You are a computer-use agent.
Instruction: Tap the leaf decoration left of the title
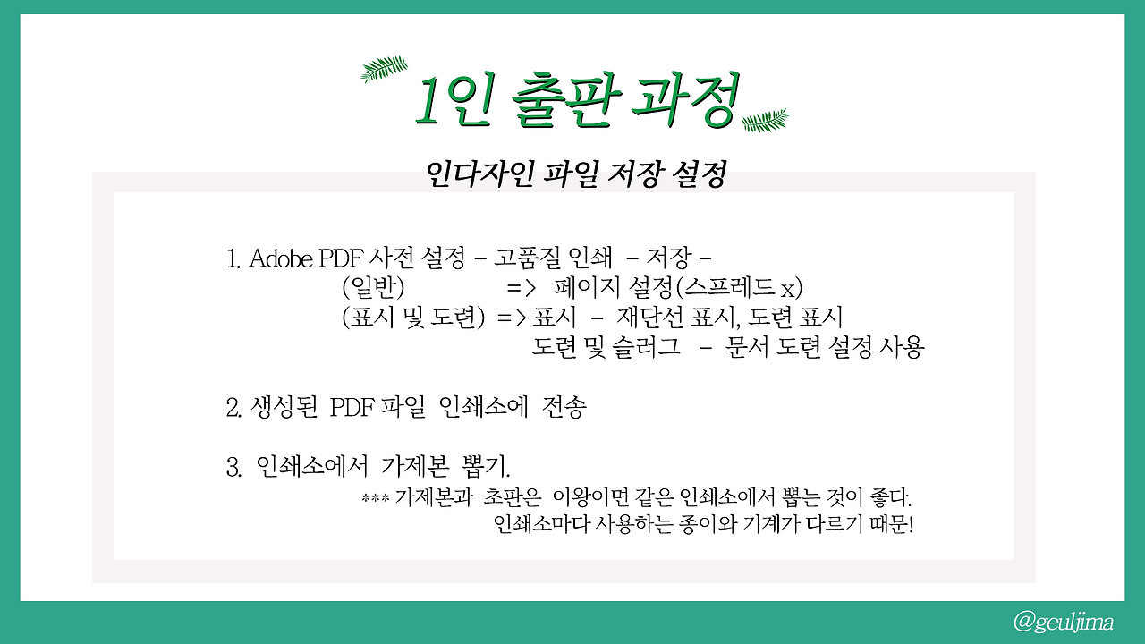(384, 70)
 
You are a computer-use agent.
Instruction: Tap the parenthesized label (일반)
(374, 289)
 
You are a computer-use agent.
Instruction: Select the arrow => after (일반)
(521, 289)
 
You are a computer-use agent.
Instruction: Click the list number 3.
(232, 467)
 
